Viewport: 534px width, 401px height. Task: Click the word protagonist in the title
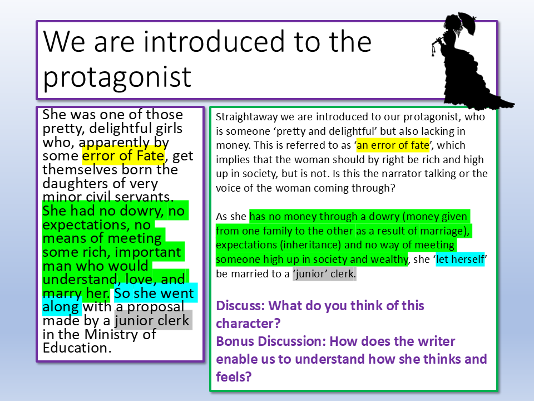117,78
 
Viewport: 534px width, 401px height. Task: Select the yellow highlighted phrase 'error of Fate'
123,156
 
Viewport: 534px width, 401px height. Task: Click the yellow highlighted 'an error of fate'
393,145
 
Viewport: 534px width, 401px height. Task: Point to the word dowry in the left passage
140,211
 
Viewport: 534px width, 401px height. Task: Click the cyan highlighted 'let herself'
460,259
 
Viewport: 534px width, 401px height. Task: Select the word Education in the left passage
77,348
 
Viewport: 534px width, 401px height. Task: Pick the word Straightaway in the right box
247,117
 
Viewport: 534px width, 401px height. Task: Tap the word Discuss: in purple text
240,306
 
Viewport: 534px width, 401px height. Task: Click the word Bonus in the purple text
235,341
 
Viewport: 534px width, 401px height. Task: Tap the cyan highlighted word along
61,307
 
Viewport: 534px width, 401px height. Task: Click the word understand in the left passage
78,279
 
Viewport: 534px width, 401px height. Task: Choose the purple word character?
248,324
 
